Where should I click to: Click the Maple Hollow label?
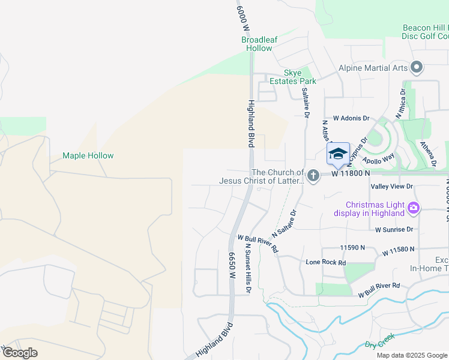point(88,156)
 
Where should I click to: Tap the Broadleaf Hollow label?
point(256,44)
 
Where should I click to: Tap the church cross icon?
point(312,176)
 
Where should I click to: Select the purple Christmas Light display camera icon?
point(413,208)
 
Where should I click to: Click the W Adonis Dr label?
point(351,119)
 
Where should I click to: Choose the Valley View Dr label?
point(392,187)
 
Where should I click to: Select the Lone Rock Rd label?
point(326,263)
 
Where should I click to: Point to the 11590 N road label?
point(352,247)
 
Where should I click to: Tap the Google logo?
point(20,353)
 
